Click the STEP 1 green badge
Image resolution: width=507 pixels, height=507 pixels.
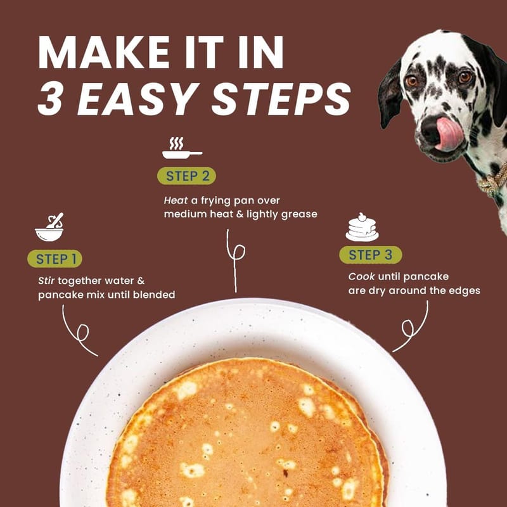55,259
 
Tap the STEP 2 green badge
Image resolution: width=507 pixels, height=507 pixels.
186,176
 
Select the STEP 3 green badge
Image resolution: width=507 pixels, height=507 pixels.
371,255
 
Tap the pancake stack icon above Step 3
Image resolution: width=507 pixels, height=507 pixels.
362,227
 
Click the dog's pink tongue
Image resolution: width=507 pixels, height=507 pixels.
449,134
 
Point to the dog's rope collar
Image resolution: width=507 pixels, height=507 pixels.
492,179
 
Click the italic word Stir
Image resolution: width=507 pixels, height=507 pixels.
46,280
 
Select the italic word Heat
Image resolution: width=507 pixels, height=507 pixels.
176,200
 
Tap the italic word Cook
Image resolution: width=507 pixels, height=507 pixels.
361,276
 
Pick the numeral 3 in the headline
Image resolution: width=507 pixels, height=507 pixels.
50,99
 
